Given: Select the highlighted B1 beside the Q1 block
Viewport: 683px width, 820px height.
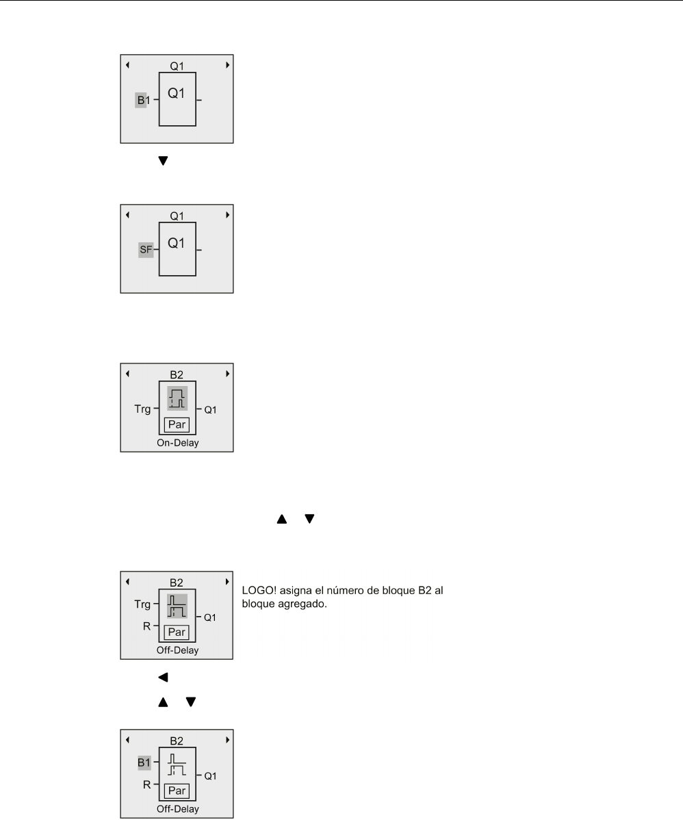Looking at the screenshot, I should tap(142, 101).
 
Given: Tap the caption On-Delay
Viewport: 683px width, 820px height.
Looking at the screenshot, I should tap(177, 444).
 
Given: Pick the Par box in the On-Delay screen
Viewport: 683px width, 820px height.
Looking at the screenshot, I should tap(177, 424).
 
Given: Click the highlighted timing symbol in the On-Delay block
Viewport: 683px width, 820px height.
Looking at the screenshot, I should tap(177, 398).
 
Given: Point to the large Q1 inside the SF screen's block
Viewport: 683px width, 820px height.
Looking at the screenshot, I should tap(177, 244).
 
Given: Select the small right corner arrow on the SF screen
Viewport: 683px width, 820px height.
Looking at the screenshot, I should tap(227, 215).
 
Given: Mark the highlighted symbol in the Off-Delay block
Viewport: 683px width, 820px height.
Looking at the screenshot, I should tap(177, 606).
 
